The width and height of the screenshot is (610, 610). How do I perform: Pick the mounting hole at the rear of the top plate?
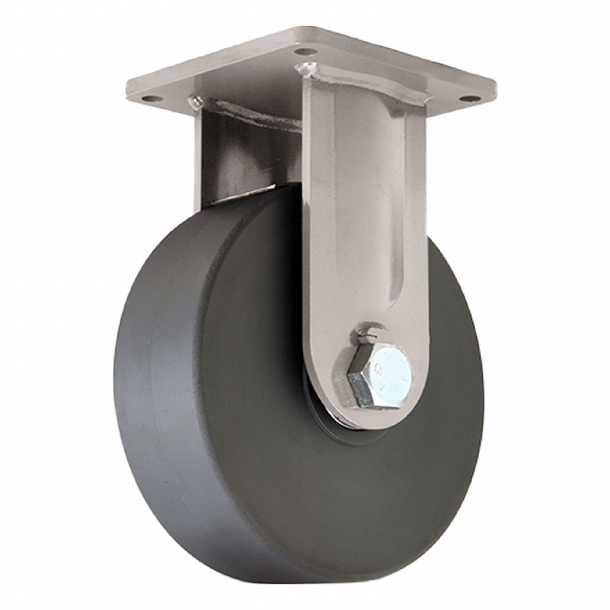pyautogui.click(x=303, y=50)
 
